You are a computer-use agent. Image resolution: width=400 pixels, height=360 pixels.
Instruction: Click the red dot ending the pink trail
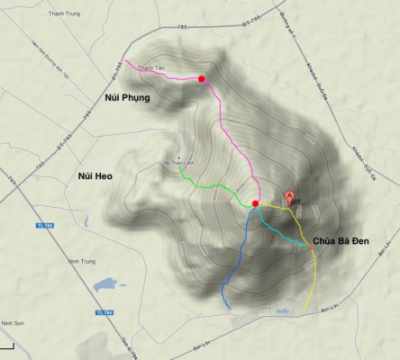202,79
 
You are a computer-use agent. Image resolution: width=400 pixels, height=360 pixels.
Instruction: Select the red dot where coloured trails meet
256,204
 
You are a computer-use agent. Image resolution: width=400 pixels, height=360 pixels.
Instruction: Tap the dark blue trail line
233,261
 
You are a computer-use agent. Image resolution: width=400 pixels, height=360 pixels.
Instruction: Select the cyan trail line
284,233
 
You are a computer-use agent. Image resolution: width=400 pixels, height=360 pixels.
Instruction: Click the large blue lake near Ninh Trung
105,283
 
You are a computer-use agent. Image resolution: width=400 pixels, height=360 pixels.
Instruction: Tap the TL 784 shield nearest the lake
106,312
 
